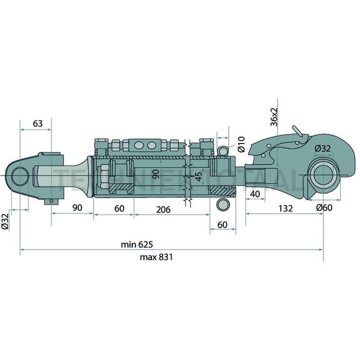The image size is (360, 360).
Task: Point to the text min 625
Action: tap(137, 244)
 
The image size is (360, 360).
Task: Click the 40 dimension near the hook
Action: tap(255, 193)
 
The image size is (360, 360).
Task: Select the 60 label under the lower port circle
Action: tap(222, 224)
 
